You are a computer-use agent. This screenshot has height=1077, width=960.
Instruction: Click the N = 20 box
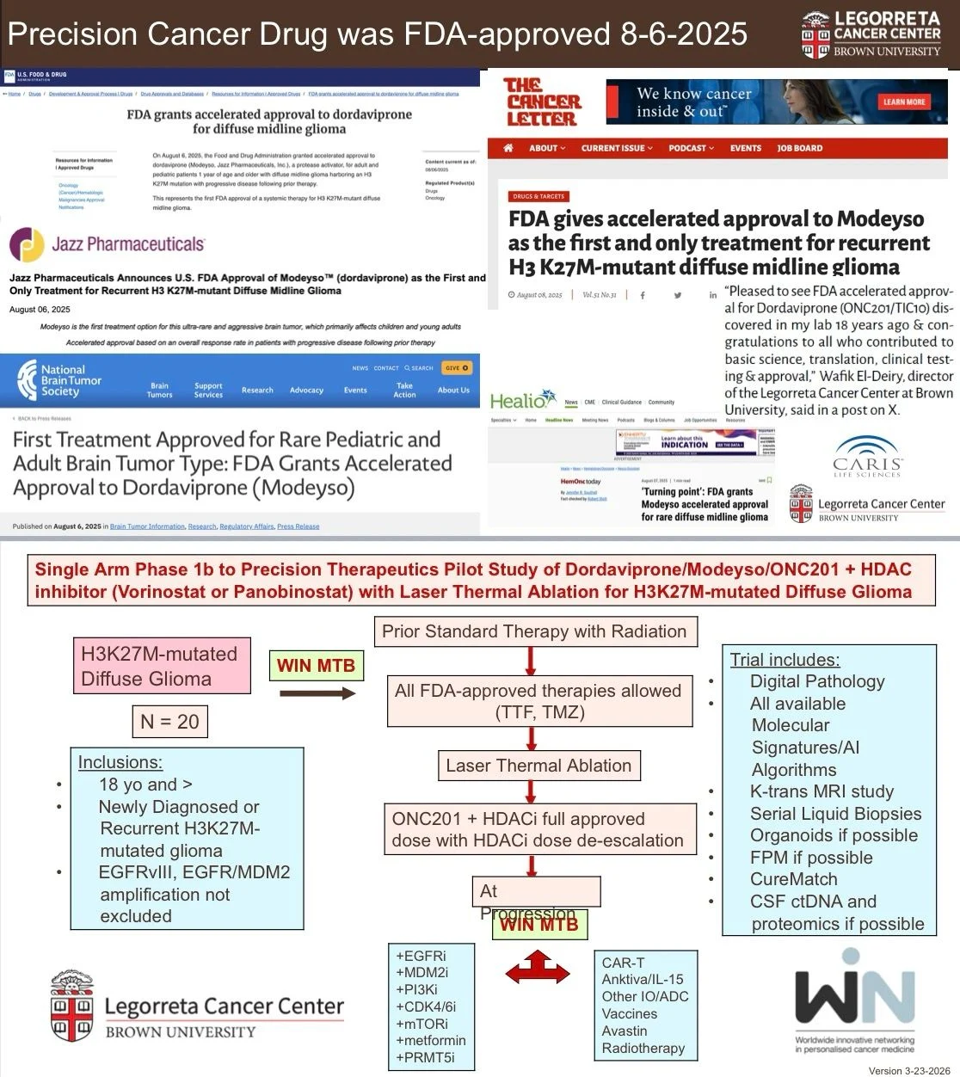tap(169, 722)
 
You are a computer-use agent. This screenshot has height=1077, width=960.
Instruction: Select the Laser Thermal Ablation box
tap(538, 766)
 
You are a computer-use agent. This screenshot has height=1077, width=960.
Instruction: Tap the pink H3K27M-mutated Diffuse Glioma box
tap(161, 666)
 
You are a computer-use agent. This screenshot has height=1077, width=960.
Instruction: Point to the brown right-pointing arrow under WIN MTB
tap(318, 693)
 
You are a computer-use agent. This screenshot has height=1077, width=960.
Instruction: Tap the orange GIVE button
tap(457, 368)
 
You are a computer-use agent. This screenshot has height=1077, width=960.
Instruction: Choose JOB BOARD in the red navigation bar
tap(799, 148)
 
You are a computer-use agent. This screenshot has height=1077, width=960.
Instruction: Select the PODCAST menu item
tap(691, 148)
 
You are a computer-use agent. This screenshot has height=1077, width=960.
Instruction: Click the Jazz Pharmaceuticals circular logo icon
tap(27, 244)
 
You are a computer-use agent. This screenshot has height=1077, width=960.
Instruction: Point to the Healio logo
tap(523, 400)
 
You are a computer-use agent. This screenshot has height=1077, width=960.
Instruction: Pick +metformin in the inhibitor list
tap(431, 1040)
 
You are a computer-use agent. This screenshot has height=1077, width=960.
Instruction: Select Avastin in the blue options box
tap(625, 1031)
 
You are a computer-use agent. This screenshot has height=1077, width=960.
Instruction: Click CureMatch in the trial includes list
tap(793, 879)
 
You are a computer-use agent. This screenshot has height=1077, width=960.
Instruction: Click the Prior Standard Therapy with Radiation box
tap(534, 631)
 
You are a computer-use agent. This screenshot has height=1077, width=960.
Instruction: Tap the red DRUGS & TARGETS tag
tap(539, 197)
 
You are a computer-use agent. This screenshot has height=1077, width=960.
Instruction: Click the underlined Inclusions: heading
tap(120, 762)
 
